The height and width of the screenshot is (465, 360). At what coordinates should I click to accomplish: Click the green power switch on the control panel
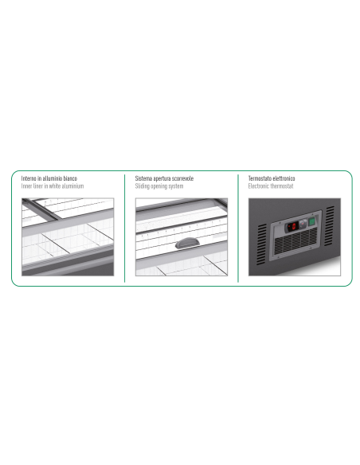pos(311,221)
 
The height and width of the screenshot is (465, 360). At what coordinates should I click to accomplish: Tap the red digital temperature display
pos(292,227)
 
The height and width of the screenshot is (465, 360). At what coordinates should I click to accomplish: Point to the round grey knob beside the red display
pos(303,224)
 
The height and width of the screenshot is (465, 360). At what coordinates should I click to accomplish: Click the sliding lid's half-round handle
pos(186,243)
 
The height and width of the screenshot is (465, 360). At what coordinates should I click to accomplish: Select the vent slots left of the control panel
pos(261,244)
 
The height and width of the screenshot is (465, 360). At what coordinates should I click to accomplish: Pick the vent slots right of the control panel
pos(330,226)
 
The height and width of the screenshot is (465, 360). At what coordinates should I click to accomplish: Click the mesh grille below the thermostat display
pos(295,242)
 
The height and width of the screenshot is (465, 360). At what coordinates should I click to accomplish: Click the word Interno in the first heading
pos(29,178)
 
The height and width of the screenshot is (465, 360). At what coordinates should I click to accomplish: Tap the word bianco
pos(70,178)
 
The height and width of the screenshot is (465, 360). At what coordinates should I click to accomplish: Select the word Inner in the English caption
pos(26,186)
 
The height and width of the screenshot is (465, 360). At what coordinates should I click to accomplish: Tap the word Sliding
pos(143,186)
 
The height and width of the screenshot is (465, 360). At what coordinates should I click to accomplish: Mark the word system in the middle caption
pos(176,186)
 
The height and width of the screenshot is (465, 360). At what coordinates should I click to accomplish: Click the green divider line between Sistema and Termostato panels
pos(238,229)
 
